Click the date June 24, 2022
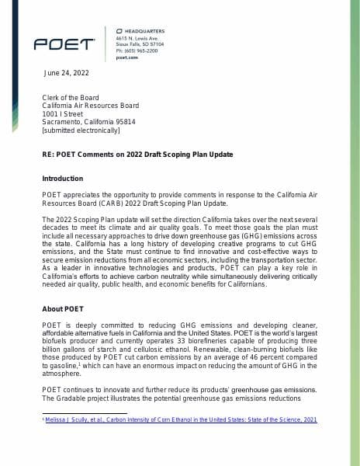[65, 73]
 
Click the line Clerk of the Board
[71, 97]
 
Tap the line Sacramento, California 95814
[88, 122]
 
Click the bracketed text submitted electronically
[80, 130]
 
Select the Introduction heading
[61, 179]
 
